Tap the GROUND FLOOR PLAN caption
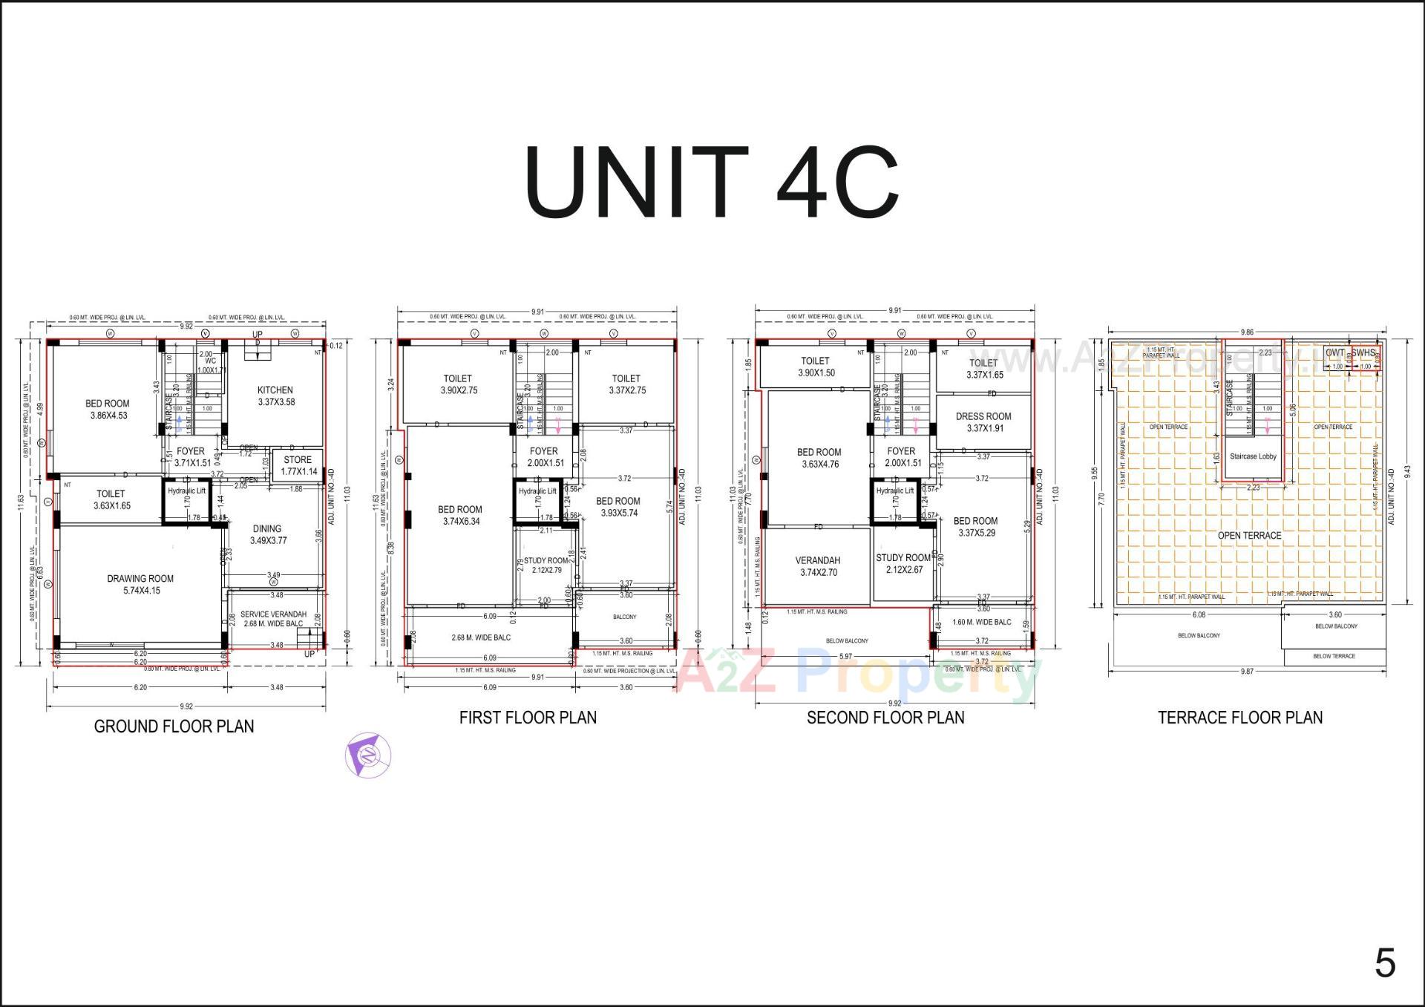(x=174, y=726)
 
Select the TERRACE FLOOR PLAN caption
(x=1239, y=718)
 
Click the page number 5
(x=1384, y=963)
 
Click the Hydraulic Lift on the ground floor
(x=186, y=491)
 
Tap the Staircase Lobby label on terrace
(x=1253, y=456)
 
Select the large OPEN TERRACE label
(x=1249, y=535)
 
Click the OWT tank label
(x=1334, y=352)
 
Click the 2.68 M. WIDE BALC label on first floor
(x=481, y=637)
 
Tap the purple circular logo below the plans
(x=368, y=755)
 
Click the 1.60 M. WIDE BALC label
(x=981, y=622)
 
